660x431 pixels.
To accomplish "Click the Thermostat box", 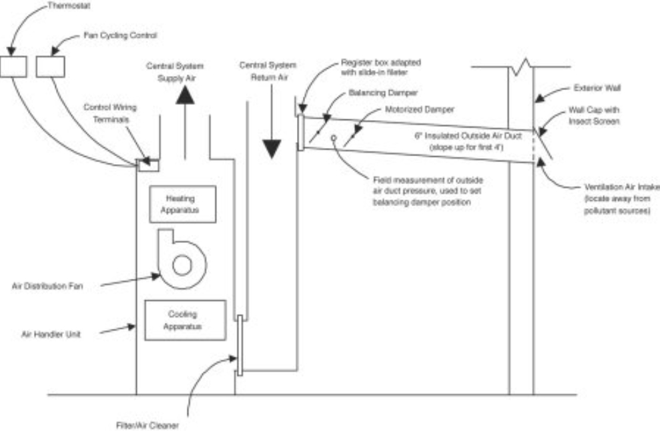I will (13, 66).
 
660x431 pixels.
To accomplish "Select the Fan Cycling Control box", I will (50, 66).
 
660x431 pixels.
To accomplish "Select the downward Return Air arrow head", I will (271, 149).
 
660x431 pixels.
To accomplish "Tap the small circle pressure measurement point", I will (332, 138).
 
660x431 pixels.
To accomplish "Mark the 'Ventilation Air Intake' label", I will (611, 191).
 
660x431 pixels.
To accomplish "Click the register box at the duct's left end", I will (302, 131).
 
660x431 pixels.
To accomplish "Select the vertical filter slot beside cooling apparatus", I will (240, 345).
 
